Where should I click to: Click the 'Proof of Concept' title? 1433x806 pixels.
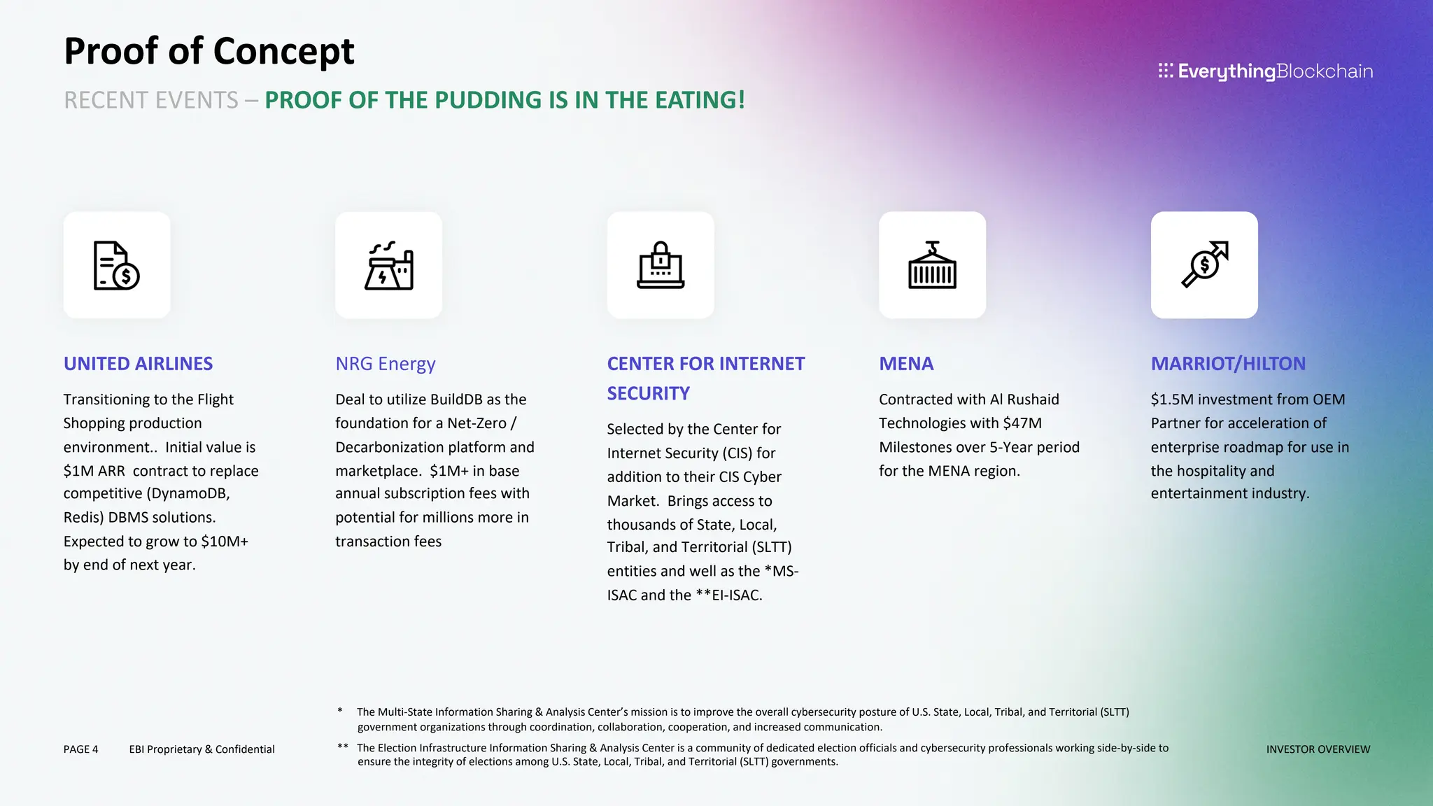(209, 51)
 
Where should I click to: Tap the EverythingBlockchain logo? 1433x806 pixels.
(1265, 71)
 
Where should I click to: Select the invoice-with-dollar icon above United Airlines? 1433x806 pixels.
(117, 265)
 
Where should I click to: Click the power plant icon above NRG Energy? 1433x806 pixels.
(388, 265)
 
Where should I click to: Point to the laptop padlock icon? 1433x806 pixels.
(661, 265)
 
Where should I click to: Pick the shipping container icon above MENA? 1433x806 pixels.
(932, 265)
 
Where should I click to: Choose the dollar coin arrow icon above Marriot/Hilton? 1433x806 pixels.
(1204, 265)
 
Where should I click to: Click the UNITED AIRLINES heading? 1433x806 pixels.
(138, 364)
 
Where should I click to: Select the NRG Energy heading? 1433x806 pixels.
(385, 364)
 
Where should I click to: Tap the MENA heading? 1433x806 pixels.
(906, 364)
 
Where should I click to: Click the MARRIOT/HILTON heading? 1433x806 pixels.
(1228, 364)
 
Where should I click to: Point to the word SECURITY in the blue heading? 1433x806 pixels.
(648, 394)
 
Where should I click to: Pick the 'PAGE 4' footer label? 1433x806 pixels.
(80, 749)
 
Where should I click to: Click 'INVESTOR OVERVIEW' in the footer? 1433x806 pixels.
(1318, 749)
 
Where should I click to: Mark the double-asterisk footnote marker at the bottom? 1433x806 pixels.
(343, 747)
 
